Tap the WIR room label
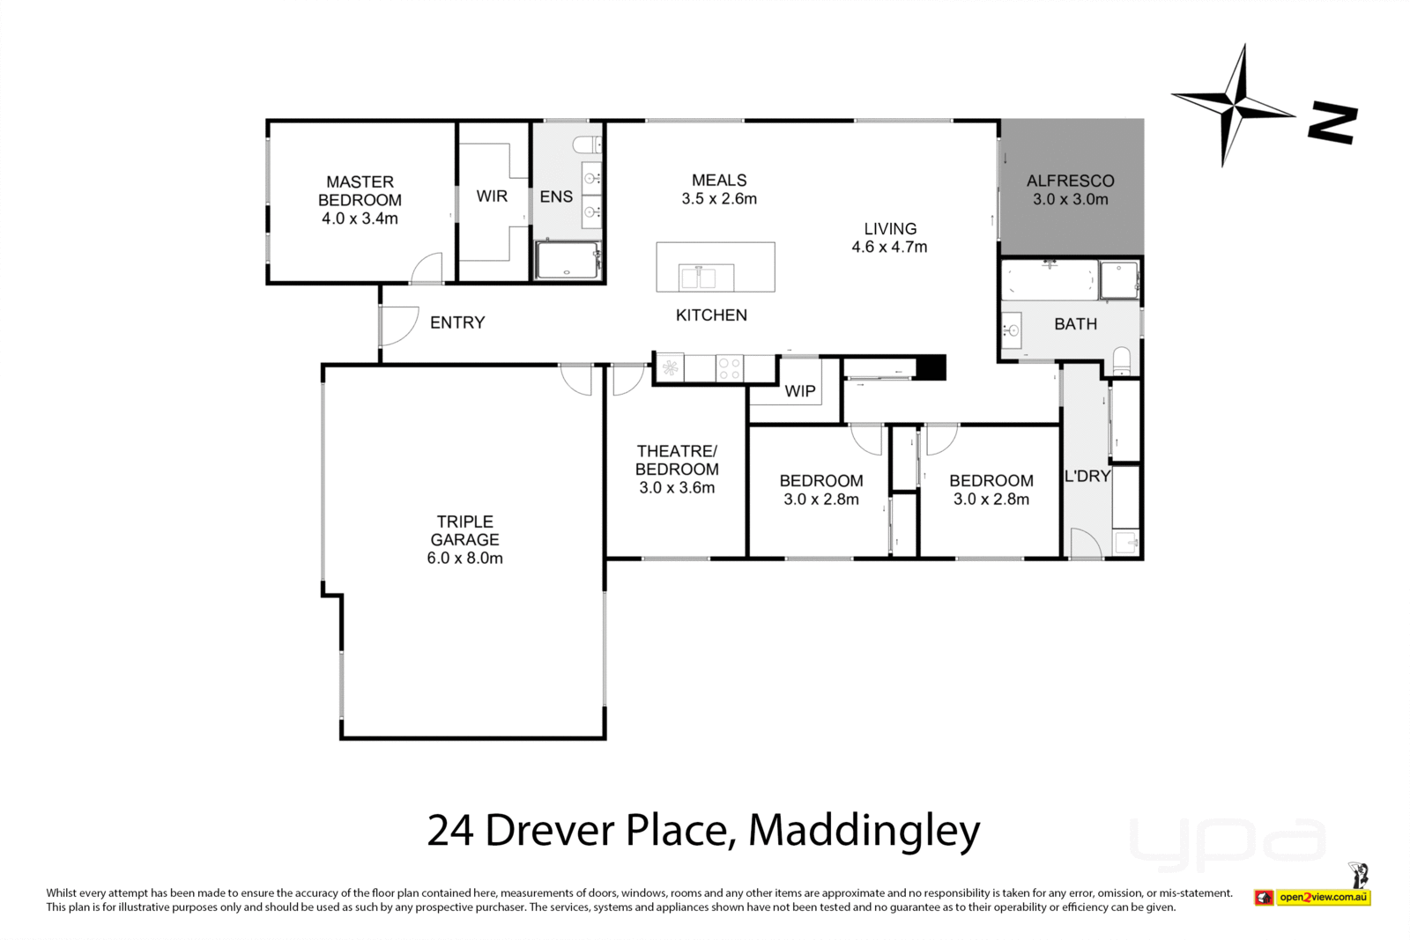[492, 196]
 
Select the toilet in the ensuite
[584, 144]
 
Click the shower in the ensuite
[568, 261]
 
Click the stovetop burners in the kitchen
[729, 368]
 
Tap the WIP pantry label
[799, 391]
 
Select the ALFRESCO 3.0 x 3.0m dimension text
[1070, 200]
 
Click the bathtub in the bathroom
[1049, 280]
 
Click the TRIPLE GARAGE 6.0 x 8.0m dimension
[464, 559]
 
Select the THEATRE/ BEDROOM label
[677, 460]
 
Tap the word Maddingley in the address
[864, 830]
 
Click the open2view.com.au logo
[1323, 898]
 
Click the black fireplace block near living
[931, 367]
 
